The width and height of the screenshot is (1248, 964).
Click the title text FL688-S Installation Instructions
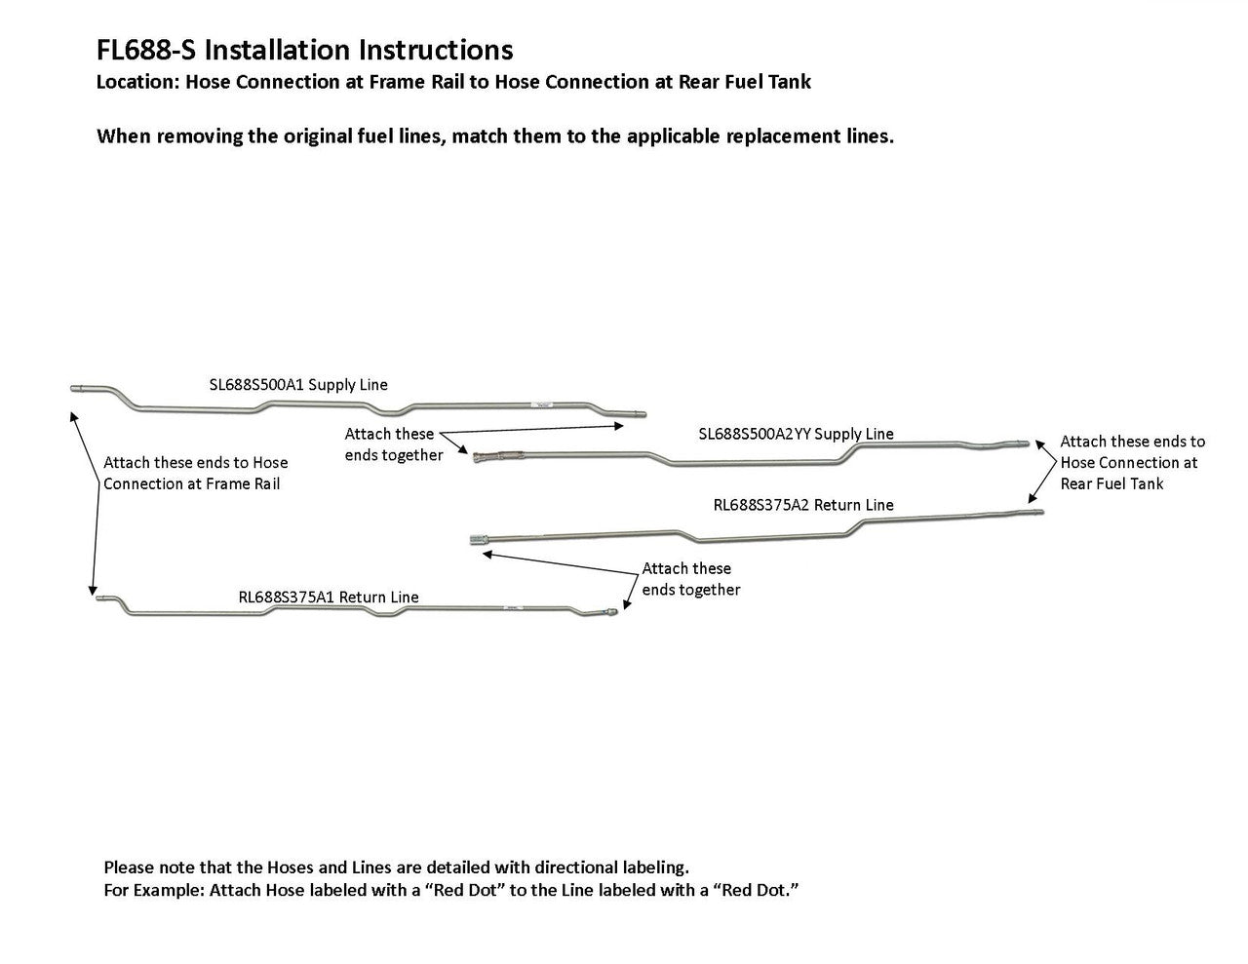304,50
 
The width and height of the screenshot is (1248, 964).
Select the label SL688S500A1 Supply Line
298,385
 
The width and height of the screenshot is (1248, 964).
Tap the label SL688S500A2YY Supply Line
796,434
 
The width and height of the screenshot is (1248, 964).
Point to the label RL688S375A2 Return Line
803,505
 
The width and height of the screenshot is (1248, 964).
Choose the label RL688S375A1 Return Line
329,598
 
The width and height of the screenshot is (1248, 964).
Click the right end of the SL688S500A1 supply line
639,413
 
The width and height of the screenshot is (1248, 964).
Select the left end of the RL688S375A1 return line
100,599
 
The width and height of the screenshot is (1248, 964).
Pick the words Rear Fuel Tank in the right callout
1111,483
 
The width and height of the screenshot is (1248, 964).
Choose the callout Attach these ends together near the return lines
690,579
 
